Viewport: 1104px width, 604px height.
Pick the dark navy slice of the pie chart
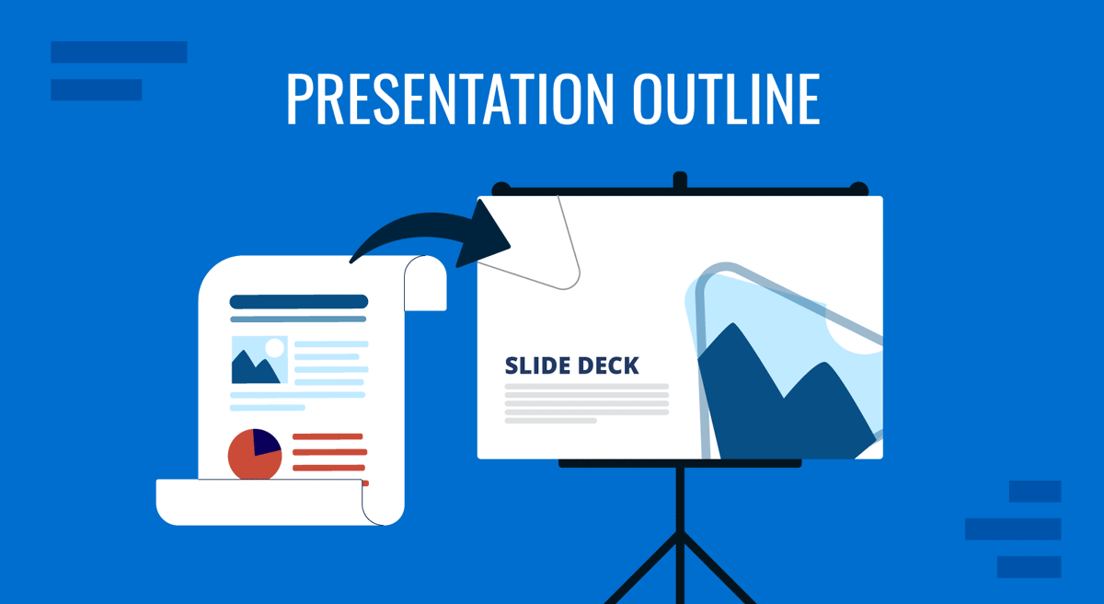coord(266,443)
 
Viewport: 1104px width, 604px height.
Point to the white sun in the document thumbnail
coord(274,348)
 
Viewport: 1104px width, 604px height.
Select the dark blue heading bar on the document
coord(298,301)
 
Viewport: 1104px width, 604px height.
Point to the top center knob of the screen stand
coord(680,180)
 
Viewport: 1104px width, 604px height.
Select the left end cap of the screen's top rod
coord(500,189)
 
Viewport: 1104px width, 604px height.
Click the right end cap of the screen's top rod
coord(858,189)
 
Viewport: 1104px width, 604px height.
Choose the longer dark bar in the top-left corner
coord(119,52)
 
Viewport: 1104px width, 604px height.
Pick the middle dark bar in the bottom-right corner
coord(1013,529)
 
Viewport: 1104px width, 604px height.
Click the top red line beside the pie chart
coord(329,436)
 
